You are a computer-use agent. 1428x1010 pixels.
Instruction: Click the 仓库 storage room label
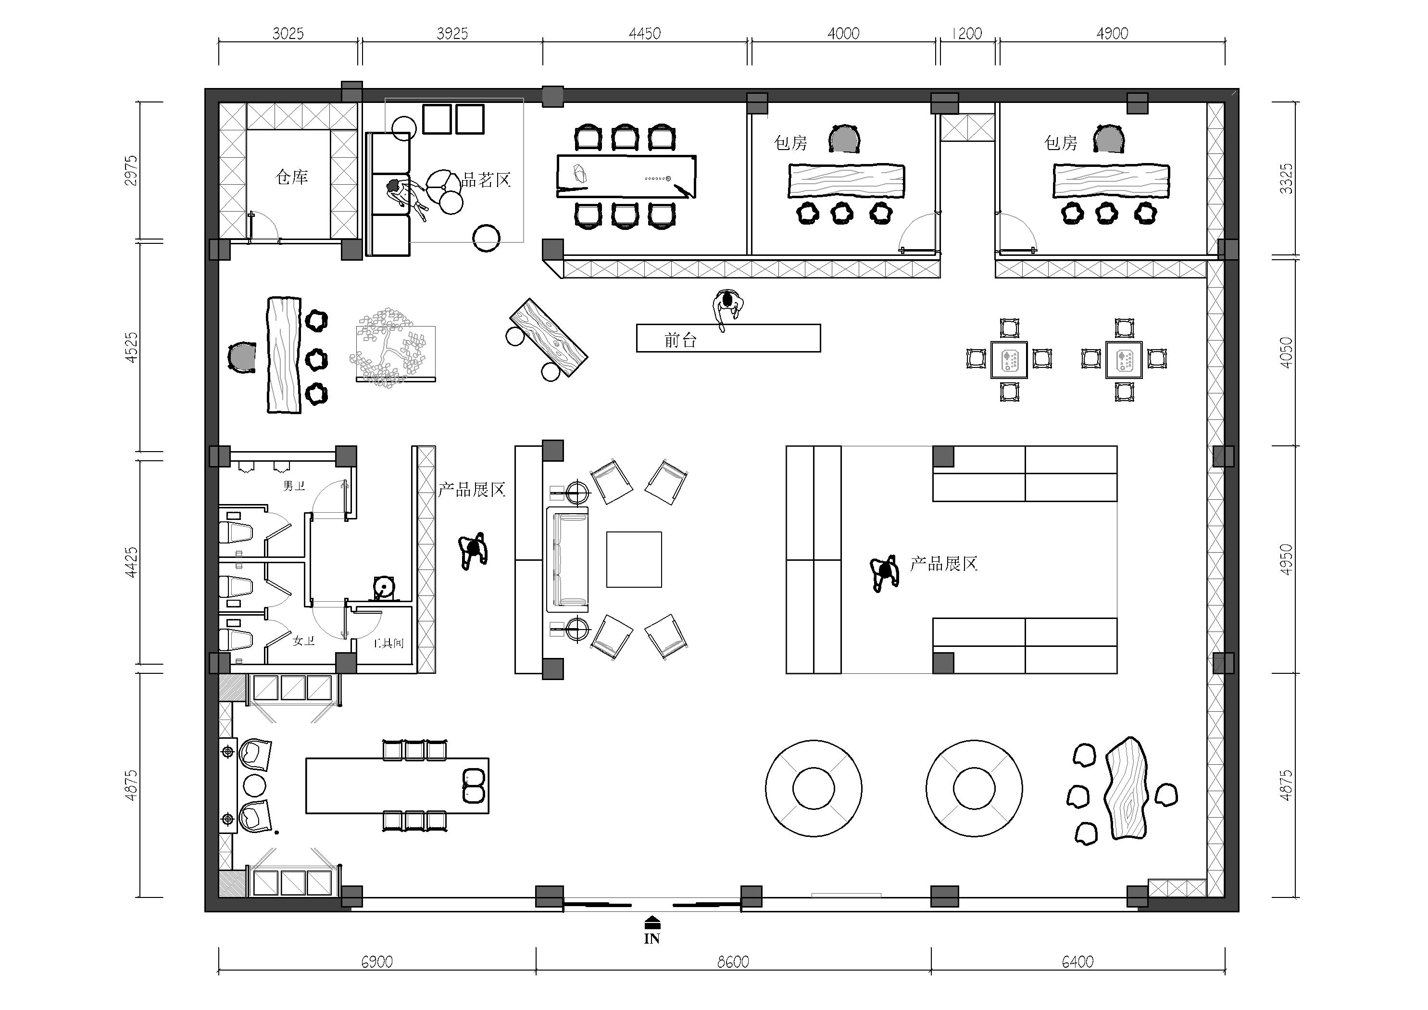[292, 177]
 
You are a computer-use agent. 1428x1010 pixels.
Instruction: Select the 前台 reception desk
[728, 338]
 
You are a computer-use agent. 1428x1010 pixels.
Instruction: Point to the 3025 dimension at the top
[288, 34]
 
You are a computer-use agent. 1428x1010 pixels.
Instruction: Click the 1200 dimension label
[967, 34]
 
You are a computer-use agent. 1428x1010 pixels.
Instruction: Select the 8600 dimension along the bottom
[733, 962]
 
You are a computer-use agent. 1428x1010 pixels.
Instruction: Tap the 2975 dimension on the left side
[131, 171]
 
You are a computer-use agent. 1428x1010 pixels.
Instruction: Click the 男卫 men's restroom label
[294, 485]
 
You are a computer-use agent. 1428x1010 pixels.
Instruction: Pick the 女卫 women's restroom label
[303, 640]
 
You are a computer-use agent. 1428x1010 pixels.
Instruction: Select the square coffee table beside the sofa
[634, 559]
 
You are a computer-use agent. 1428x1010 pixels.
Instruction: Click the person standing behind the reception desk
[727, 309]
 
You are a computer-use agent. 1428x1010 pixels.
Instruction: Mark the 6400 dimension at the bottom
[1077, 962]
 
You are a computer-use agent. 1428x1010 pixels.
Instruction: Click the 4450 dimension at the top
[644, 34]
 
